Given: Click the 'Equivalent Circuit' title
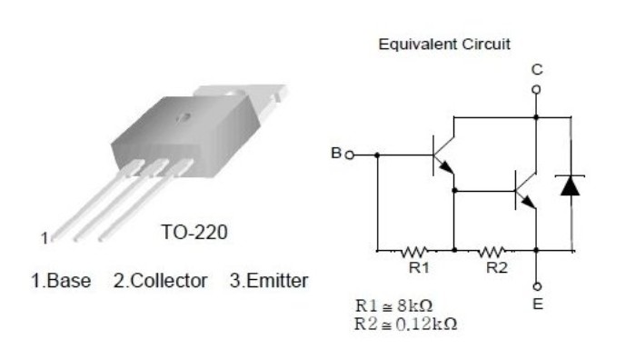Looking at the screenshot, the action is pos(444,45).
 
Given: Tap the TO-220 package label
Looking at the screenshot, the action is pos(194,233).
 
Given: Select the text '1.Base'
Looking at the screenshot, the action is pos(61,281).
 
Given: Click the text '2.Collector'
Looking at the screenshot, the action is pos(160,281).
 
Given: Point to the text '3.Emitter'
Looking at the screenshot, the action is pos(269,281).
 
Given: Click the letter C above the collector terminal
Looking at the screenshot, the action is pos(537,70).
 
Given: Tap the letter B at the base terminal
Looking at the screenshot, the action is pos(336,153).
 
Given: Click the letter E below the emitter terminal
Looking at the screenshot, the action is pos(538,304).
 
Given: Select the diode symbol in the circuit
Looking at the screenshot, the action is pos(570,186).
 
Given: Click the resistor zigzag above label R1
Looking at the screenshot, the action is pos(414,252).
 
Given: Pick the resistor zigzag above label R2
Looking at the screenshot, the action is pos(492,252).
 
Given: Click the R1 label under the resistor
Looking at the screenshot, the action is pos(419,267).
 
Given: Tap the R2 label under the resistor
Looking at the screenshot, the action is pos(496,267).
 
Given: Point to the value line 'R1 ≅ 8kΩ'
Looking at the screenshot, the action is pos(393,305).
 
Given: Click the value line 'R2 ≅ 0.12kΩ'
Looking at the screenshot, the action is pos(406,325).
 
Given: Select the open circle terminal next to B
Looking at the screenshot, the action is pos(350,155).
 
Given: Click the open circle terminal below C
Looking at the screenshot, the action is pos(536,89).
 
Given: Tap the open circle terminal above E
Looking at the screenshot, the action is pos(537,287).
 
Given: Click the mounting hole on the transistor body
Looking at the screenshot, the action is pos(184,117).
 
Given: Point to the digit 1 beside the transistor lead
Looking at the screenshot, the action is pos(45,238).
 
